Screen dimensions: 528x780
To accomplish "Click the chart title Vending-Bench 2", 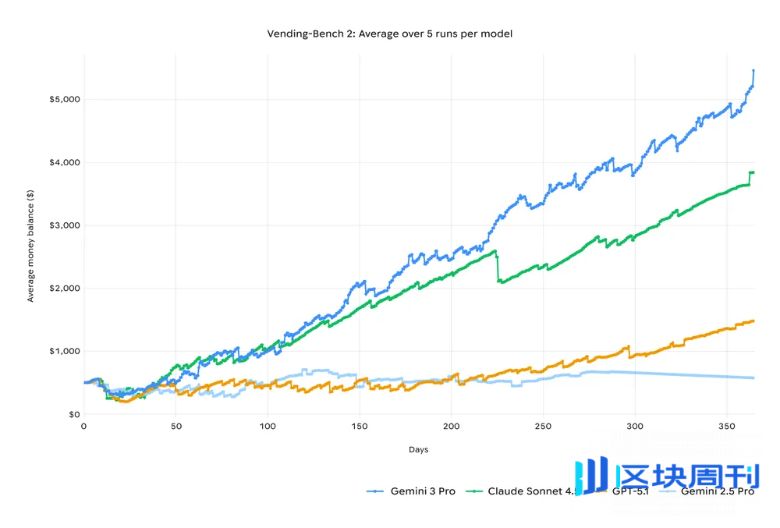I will pos(389,34).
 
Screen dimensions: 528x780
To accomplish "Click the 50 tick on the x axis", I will pos(175,427).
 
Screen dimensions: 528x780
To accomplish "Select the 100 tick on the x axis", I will pos(268,427).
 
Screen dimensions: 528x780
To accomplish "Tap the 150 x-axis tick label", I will pos(360,427).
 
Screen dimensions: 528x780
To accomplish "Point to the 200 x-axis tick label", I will pos(452,427).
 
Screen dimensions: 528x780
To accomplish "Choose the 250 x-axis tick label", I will pos(544,427).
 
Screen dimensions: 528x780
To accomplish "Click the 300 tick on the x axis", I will pos(636,427).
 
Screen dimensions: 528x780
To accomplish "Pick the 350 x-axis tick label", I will pos(727,427).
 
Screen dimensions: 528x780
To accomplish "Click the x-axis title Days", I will pos(418,450).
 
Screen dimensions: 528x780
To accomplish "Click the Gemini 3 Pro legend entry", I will pos(421,491).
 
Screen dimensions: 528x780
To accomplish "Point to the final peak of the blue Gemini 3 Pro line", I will pos(753,70).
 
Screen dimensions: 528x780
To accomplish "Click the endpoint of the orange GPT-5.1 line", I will pos(753,321).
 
